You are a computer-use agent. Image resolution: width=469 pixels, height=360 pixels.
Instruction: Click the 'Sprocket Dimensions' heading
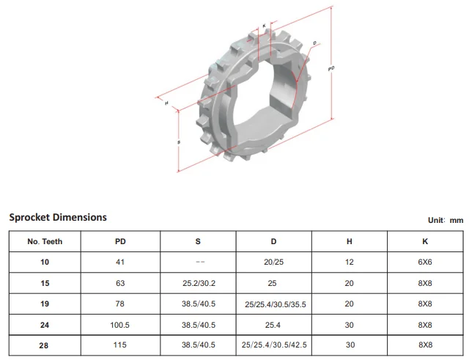58,217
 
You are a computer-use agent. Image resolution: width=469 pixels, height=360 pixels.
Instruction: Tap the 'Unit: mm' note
446,220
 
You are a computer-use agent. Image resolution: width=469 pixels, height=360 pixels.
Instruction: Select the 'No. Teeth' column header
45,241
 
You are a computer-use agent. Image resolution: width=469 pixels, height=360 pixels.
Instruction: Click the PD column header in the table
120,241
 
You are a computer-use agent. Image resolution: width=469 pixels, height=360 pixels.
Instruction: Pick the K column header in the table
425,241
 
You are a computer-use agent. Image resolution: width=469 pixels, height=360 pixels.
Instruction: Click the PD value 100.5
119,325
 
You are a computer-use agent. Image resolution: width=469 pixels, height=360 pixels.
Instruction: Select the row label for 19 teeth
45,304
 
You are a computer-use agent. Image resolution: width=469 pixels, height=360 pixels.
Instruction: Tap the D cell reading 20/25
273,262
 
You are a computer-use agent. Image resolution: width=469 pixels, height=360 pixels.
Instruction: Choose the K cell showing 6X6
425,262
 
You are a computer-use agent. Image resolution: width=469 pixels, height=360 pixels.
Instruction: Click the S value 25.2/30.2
199,283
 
